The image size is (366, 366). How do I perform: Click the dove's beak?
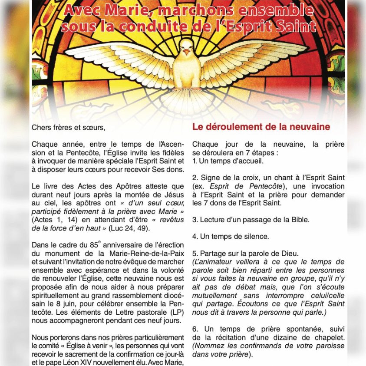[x=186, y=52]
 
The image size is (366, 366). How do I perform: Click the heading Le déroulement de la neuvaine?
[x=261, y=127]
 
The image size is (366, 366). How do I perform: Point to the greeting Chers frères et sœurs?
[x=68, y=128]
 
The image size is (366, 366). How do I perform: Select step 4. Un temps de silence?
[x=231, y=237]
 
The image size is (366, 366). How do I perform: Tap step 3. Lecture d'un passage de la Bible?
[x=251, y=220]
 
